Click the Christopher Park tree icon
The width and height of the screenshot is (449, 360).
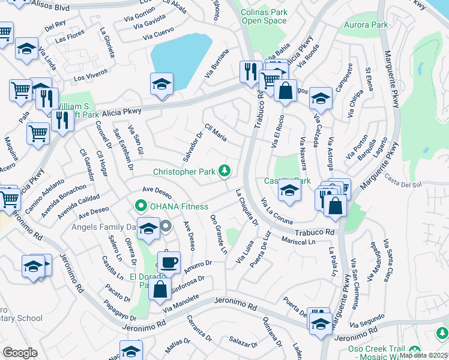coord(224,172)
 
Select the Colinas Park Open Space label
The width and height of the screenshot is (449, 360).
coord(264,16)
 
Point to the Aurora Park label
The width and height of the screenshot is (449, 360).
coord(366,25)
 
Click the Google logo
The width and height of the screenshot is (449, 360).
coord(20,352)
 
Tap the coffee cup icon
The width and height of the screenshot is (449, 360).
coord(169,262)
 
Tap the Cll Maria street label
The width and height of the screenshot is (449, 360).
coord(215,133)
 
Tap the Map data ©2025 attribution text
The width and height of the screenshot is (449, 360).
coord(423,355)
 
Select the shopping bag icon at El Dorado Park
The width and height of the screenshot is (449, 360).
coord(160,289)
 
